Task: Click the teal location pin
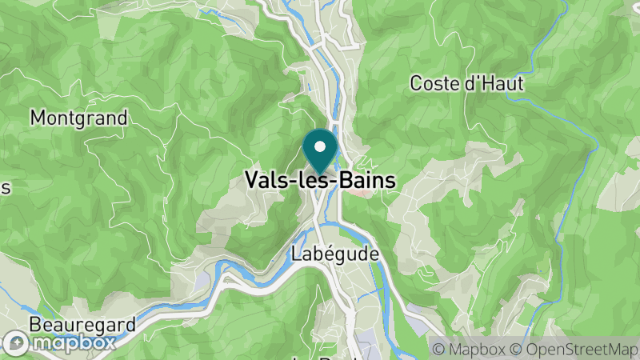(x=320, y=152)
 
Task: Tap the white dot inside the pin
(x=320, y=146)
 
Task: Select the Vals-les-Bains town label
(x=320, y=181)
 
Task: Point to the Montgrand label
(x=78, y=118)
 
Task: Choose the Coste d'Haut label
(x=466, y=82)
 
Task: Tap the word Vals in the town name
(x=267, y=181)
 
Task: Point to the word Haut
(x=502, y=82)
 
